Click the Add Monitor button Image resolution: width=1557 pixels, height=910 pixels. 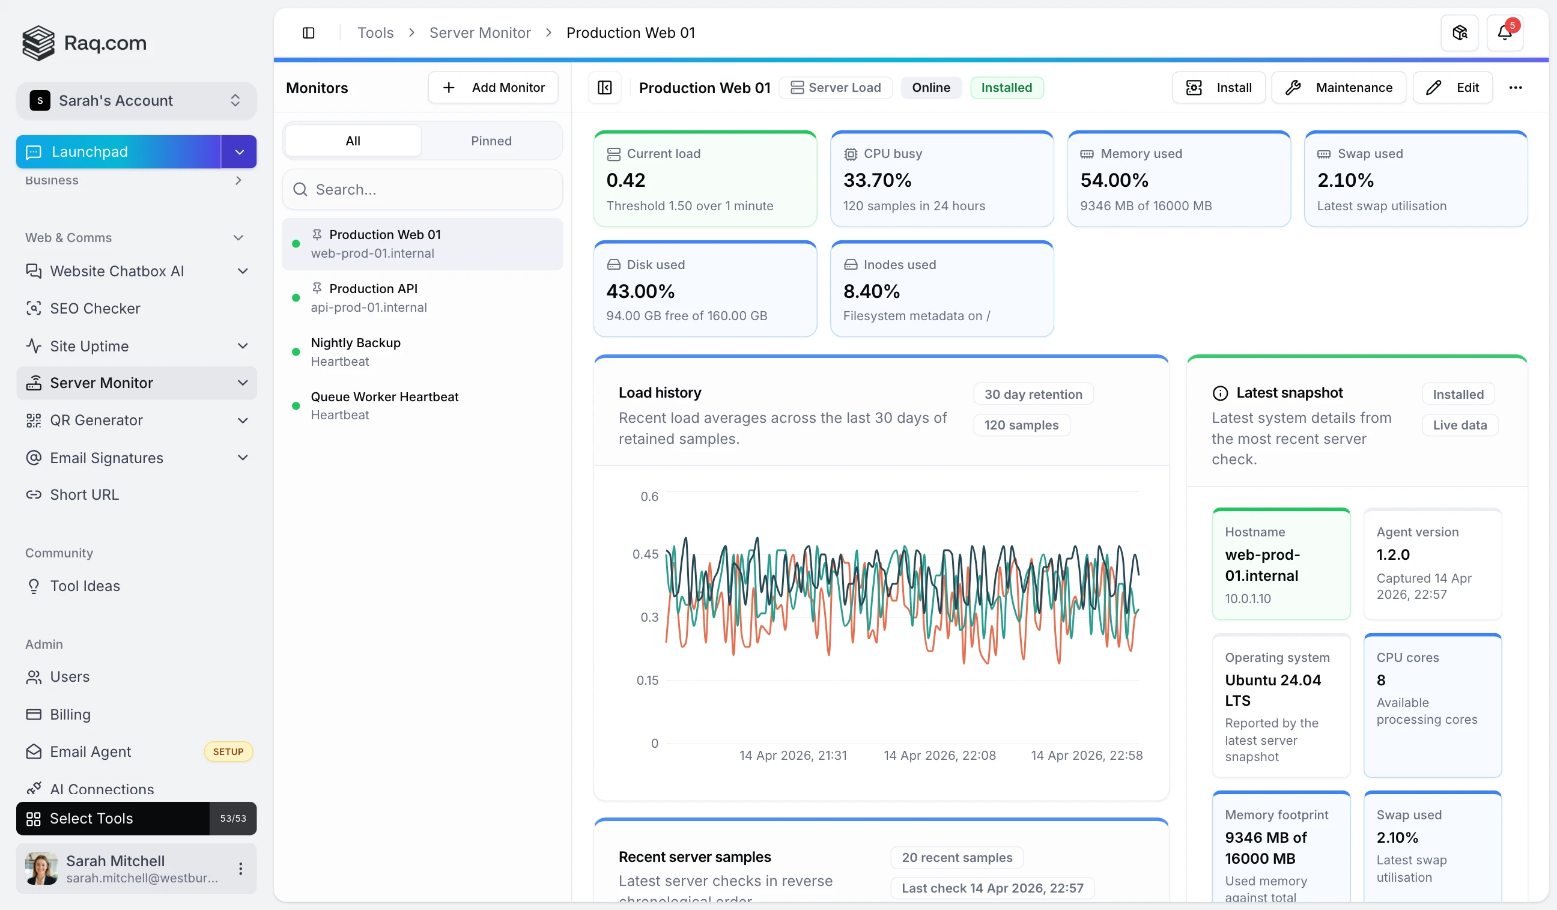pyautogui.click(x=493, y=88)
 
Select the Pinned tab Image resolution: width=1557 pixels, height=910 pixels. pyautogui.click(x=491, y=141)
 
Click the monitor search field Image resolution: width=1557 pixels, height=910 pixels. pyautogui.click(x=423, y=190)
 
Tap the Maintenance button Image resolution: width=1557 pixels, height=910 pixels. pyautogui.click(x=1338, y=88)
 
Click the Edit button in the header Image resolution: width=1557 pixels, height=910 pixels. pyautogui.click(x=1452, y=88)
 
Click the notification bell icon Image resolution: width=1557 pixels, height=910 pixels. pyautogui.click(x=1505, y=33)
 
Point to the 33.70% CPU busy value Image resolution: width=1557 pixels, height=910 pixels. pyautogui.click(x=878, y=180)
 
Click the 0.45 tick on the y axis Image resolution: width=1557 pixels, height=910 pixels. pyautogui.click(x=645, y=554)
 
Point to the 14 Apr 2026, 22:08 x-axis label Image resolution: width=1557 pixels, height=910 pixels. pyautogui.click(x=939, y=756)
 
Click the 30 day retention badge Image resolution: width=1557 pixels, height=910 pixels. pyautogui.click(x=1033, y=394)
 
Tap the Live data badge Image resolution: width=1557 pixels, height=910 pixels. pyautogui.click(x=1459, y=425)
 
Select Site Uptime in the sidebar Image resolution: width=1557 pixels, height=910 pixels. pyautogui.click(x=90, y=346)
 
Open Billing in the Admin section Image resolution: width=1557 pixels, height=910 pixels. pyautogui.click(x=70, y=714)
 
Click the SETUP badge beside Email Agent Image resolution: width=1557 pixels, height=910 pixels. pyautogui.click(x=228, y=752)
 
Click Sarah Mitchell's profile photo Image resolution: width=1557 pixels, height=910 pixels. pyautogui.click(x=41, y=869)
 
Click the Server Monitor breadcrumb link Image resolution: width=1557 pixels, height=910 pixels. pyautogui.click(x=479, y=33)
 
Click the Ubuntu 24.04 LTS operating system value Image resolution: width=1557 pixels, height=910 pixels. pyautogui.click(x=1273, y=690)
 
